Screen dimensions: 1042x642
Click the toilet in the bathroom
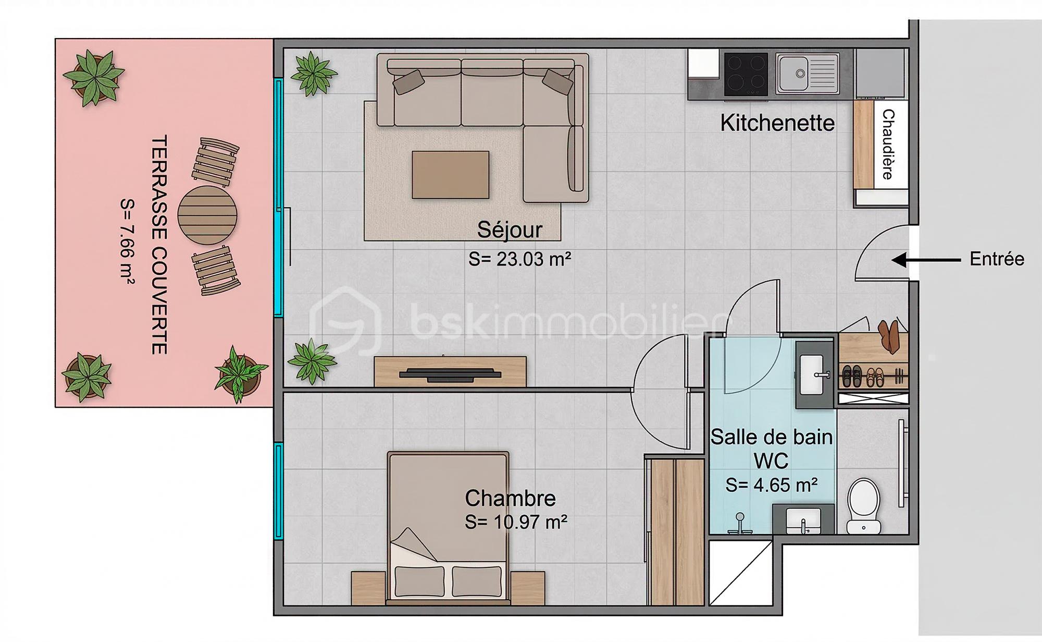[863, 506]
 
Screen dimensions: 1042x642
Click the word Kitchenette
[777, 123]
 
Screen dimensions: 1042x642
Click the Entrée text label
[997, 259]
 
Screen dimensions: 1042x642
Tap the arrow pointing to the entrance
[926, 260]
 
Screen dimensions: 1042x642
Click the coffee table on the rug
[450, 175]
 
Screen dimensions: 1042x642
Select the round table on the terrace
[207, 215]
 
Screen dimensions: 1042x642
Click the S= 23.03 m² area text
[519, 259]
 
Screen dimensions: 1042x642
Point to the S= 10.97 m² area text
[516, 522]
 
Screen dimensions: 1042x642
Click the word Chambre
[510, 499]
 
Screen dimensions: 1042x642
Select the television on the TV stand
[450, 374]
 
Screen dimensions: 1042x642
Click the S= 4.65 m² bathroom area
[771, 485]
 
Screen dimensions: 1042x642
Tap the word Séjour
[510, 230]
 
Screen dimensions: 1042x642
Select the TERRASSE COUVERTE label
[159, 245]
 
